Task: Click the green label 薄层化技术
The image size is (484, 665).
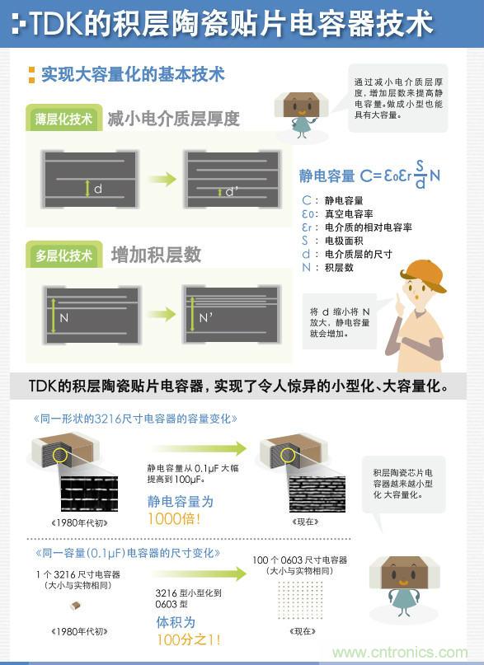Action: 64,119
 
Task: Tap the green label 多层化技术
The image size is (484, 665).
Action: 63,255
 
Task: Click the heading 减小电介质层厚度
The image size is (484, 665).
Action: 173,119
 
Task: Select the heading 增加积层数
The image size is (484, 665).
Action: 156,255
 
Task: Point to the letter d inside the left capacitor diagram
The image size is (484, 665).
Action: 98,190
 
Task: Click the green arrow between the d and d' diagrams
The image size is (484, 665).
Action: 162,179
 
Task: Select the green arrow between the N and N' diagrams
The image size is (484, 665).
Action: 162,314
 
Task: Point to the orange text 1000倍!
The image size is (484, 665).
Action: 175,519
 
